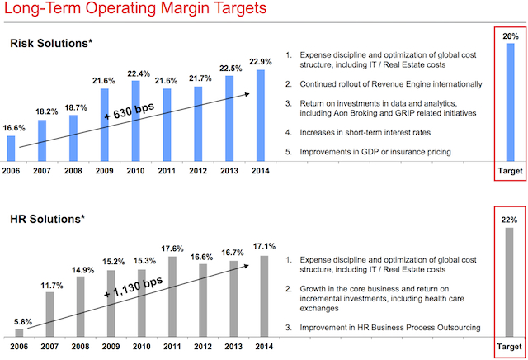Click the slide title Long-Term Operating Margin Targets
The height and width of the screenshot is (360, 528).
[136, 12]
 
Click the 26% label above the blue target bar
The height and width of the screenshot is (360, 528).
[509, 36]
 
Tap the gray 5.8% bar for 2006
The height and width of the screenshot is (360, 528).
[20, 332]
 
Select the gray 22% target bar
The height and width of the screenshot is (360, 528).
[509, 281]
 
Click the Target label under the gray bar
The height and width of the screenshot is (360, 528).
[509, 346]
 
